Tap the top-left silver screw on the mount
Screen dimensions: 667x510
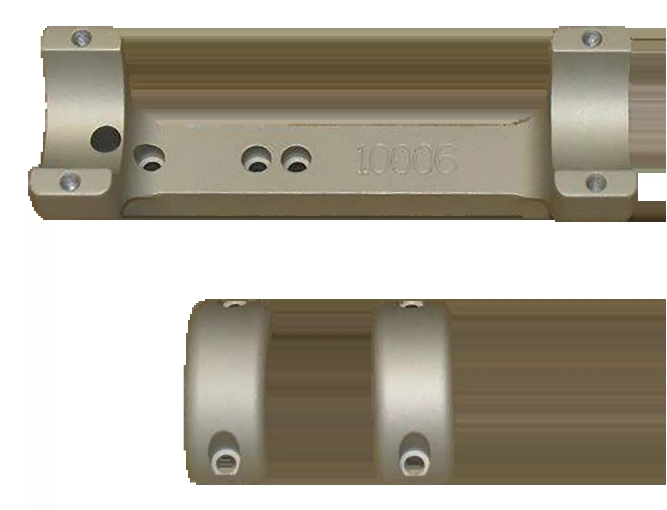point(82,38)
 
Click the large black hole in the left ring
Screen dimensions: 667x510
point(106,139)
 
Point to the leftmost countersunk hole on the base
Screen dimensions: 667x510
point(150,158)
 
